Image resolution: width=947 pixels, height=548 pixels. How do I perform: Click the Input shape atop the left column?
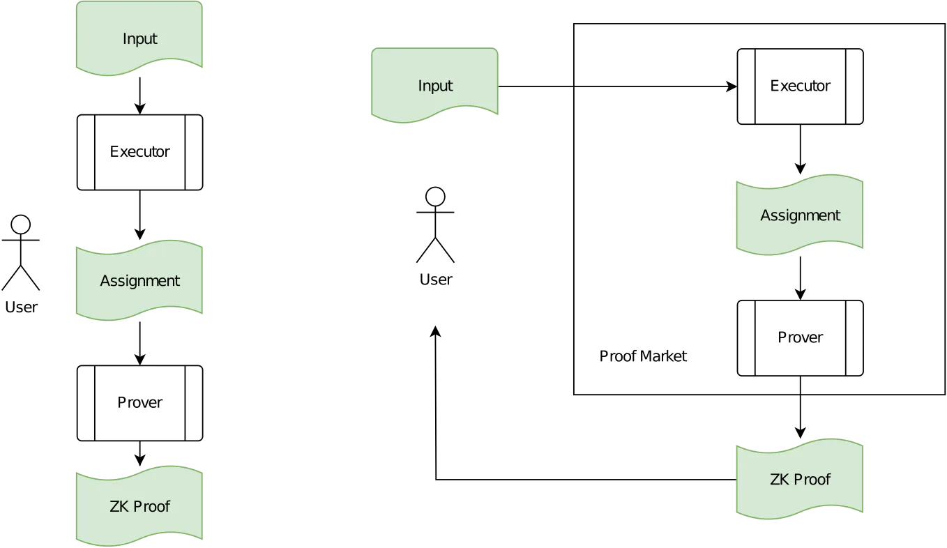click(139, 38)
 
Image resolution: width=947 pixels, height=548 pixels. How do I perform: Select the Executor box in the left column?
click(139, 151)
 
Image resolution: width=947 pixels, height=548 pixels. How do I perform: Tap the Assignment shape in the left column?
click(139, 280)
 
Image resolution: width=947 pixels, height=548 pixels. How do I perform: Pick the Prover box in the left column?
click(139, 402)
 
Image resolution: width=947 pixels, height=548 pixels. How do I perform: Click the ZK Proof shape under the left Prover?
click(139, 506)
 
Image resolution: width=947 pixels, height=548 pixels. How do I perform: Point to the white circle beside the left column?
click(21, 224)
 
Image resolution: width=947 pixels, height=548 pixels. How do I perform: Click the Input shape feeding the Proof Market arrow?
click(434, 85)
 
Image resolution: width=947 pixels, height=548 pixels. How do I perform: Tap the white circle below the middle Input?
click(435, 197)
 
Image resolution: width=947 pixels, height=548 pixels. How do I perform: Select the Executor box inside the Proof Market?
click(800, 86)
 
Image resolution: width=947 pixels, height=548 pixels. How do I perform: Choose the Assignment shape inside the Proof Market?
click(800, 215)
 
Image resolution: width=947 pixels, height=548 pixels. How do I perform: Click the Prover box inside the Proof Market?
click(800, 337)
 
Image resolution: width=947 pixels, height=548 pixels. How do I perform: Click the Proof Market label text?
click(643, 356)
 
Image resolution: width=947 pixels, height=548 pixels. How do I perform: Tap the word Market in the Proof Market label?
click(664, 356)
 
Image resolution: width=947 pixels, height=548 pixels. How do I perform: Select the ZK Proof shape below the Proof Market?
click(800, 480)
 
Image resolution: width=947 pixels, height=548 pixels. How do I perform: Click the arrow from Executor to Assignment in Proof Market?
click(801, 148)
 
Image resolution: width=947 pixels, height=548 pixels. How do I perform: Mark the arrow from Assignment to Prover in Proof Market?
click(801, 277)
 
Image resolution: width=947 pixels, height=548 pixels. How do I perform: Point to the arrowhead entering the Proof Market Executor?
click(732, 86)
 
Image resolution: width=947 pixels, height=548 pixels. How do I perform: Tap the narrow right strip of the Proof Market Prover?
click(854, 338)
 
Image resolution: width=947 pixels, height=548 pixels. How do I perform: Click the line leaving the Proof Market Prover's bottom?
click(801, 385)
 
